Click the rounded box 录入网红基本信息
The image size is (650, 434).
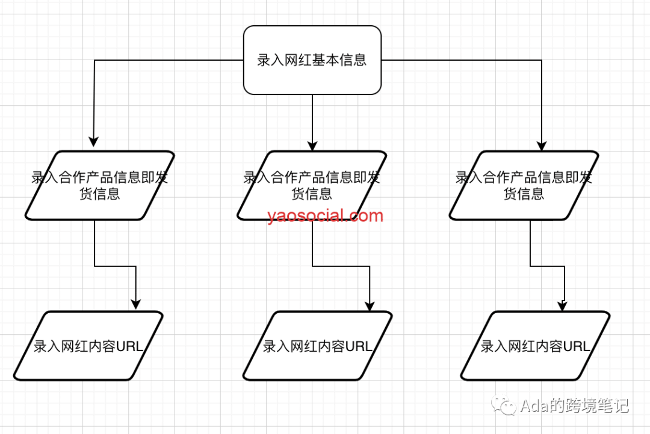[x=312, y=60]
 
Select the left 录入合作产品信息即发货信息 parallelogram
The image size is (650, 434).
[x=100, y=185]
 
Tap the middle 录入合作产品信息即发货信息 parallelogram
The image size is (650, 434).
[x=312, y=185]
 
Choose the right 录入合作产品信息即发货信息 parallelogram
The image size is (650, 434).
[x=524, y=185]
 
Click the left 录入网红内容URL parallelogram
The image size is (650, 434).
[x=88, y=346]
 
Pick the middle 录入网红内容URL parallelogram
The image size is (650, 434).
[x=318, y=346]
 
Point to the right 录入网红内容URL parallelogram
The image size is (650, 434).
[x=535, y=346]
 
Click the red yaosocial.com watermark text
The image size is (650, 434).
[x=326, y=216]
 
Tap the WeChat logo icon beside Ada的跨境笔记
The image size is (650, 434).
[x=503, y=405]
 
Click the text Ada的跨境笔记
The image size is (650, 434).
[x=575, y=405]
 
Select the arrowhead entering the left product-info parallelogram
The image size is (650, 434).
[x=94, y=141]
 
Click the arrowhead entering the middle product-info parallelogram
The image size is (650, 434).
[x=312, y=145]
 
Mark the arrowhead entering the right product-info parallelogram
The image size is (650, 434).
[x=542, y=145]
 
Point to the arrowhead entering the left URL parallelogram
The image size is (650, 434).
[x=135, y=304]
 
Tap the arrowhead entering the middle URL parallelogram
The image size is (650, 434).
[x=370, y=305]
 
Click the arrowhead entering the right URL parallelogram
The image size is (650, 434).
[x=562, y=305]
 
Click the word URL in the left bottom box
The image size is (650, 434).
[x=129, y=346]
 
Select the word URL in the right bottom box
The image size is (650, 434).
[x=576, y=346]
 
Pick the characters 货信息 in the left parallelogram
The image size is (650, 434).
[x=100, y=194]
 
